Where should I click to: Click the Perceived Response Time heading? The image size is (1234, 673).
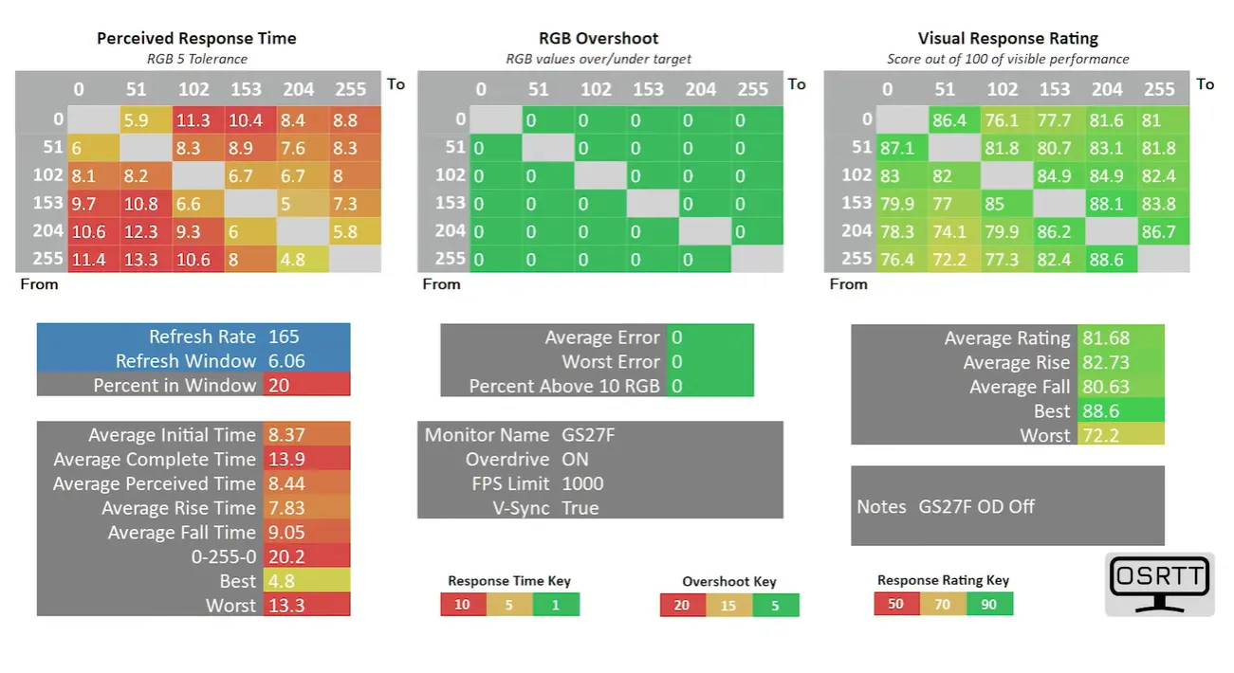[x=196, y=39]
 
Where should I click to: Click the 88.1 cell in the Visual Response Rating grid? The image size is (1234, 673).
[x=1111, y=204]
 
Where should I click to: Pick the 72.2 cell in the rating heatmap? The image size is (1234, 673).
[x=955, y=259]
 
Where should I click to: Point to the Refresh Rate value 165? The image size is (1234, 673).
[x=284, y=336]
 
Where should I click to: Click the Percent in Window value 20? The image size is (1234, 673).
[x=279, y=386]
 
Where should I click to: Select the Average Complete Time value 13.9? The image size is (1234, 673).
[x=286, y=460]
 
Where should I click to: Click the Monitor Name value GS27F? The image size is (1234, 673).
[x=588, y=435]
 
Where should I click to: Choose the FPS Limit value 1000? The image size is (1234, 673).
[x=582, y=483]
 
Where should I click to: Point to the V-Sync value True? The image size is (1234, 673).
[x=580, y=508]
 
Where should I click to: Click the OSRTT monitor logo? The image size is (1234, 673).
[x=1160, y=584]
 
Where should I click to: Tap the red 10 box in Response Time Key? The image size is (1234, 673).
[x=463, y=604]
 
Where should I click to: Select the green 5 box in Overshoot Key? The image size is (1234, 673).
[x=776, y=606]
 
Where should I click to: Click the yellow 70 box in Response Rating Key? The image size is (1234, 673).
[x=943, y=604]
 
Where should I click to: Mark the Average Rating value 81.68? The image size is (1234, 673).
[x=1106, y=337]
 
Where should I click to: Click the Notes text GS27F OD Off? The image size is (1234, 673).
[x=976, y=507]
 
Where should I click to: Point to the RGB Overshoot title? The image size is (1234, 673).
[x=599, y=39]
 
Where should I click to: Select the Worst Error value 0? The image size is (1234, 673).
[x=677, y=362]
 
